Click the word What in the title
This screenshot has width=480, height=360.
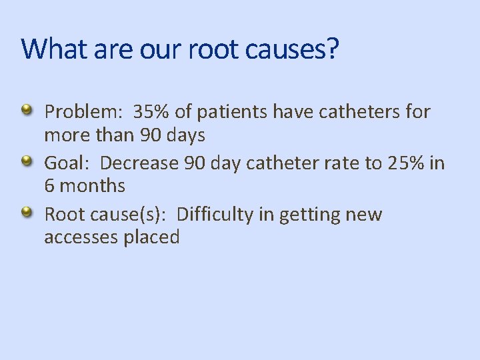pyautogui.click(x=49, y=49)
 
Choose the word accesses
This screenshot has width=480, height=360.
pyautogui.click(x=81, y=238)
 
